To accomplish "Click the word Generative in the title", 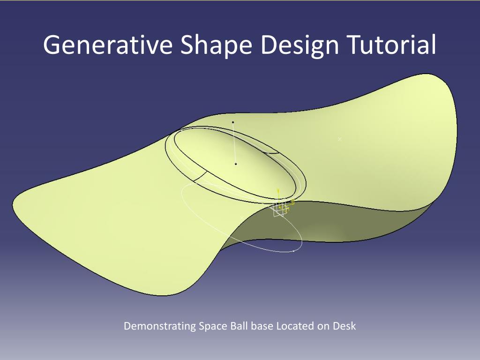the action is [x=108, y=45].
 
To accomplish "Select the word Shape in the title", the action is [x=216, y=45].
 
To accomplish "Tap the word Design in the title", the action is [x=300, y=45].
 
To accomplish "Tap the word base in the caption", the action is [x=262, y=326].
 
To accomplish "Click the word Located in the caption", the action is [x=295, y=326].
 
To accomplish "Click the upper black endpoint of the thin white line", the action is [x=233, y=122].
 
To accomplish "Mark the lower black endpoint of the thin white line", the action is [x=236, y=164].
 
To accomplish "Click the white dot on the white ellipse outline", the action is [x=294, y=251].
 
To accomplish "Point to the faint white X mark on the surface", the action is [x=340, y=139].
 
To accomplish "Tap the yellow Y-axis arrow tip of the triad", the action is [x=278, y=190].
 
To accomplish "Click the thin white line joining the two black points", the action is [x=234, y=143].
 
